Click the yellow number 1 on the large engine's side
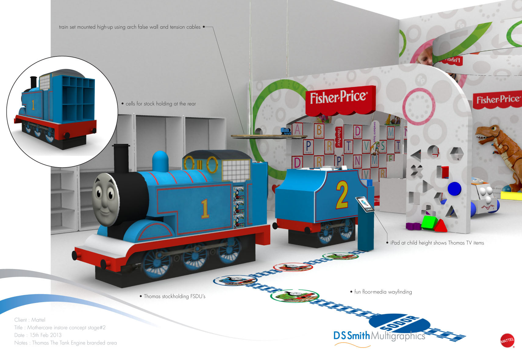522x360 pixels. pos(205,209)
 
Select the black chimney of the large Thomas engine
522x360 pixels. pos(121,159)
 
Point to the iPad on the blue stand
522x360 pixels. pos(365,204)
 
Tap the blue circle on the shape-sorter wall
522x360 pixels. pos(454,189)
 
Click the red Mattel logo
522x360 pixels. pos(507,340)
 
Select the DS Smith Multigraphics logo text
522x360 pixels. pos(379,336)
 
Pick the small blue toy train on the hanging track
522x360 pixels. pos(286,131)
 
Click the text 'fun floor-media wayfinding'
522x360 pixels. pos(383,292)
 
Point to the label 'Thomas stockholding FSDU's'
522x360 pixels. pos(174,296)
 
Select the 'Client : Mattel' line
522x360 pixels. pos(30,320)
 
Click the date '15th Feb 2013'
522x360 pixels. pos(45,335)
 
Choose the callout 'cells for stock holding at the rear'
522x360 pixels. pos(161,104)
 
